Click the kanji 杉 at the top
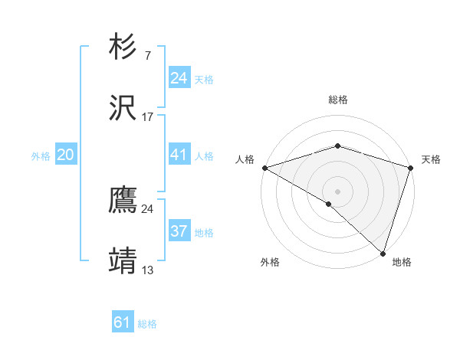(123, 48)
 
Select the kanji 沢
(123, 108)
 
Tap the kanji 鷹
(123, 201)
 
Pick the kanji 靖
(123, 260)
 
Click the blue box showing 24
(179, 78)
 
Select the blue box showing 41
(179, 155)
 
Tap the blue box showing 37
(179, 231)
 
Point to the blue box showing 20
(66, 155)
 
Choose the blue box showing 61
(123, 322)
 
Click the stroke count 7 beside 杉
(147, 57)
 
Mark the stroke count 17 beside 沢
(147, 116)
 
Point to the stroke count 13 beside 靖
(147, 270)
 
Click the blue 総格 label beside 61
(147, 324)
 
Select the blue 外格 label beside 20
(41, 156)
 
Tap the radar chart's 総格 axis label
(337, 100)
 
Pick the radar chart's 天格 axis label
(431, 159)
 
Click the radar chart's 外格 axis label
(270, 262)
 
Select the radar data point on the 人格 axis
(264, 168)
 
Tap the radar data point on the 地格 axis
(383, 253)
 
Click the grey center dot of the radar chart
(337, 191)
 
